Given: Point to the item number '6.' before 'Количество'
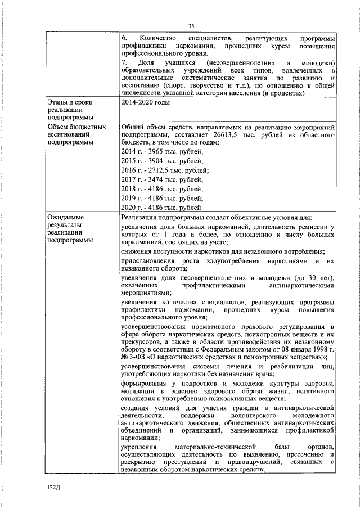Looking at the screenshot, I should [124, 37].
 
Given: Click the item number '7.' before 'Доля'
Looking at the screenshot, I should [124, 62].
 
